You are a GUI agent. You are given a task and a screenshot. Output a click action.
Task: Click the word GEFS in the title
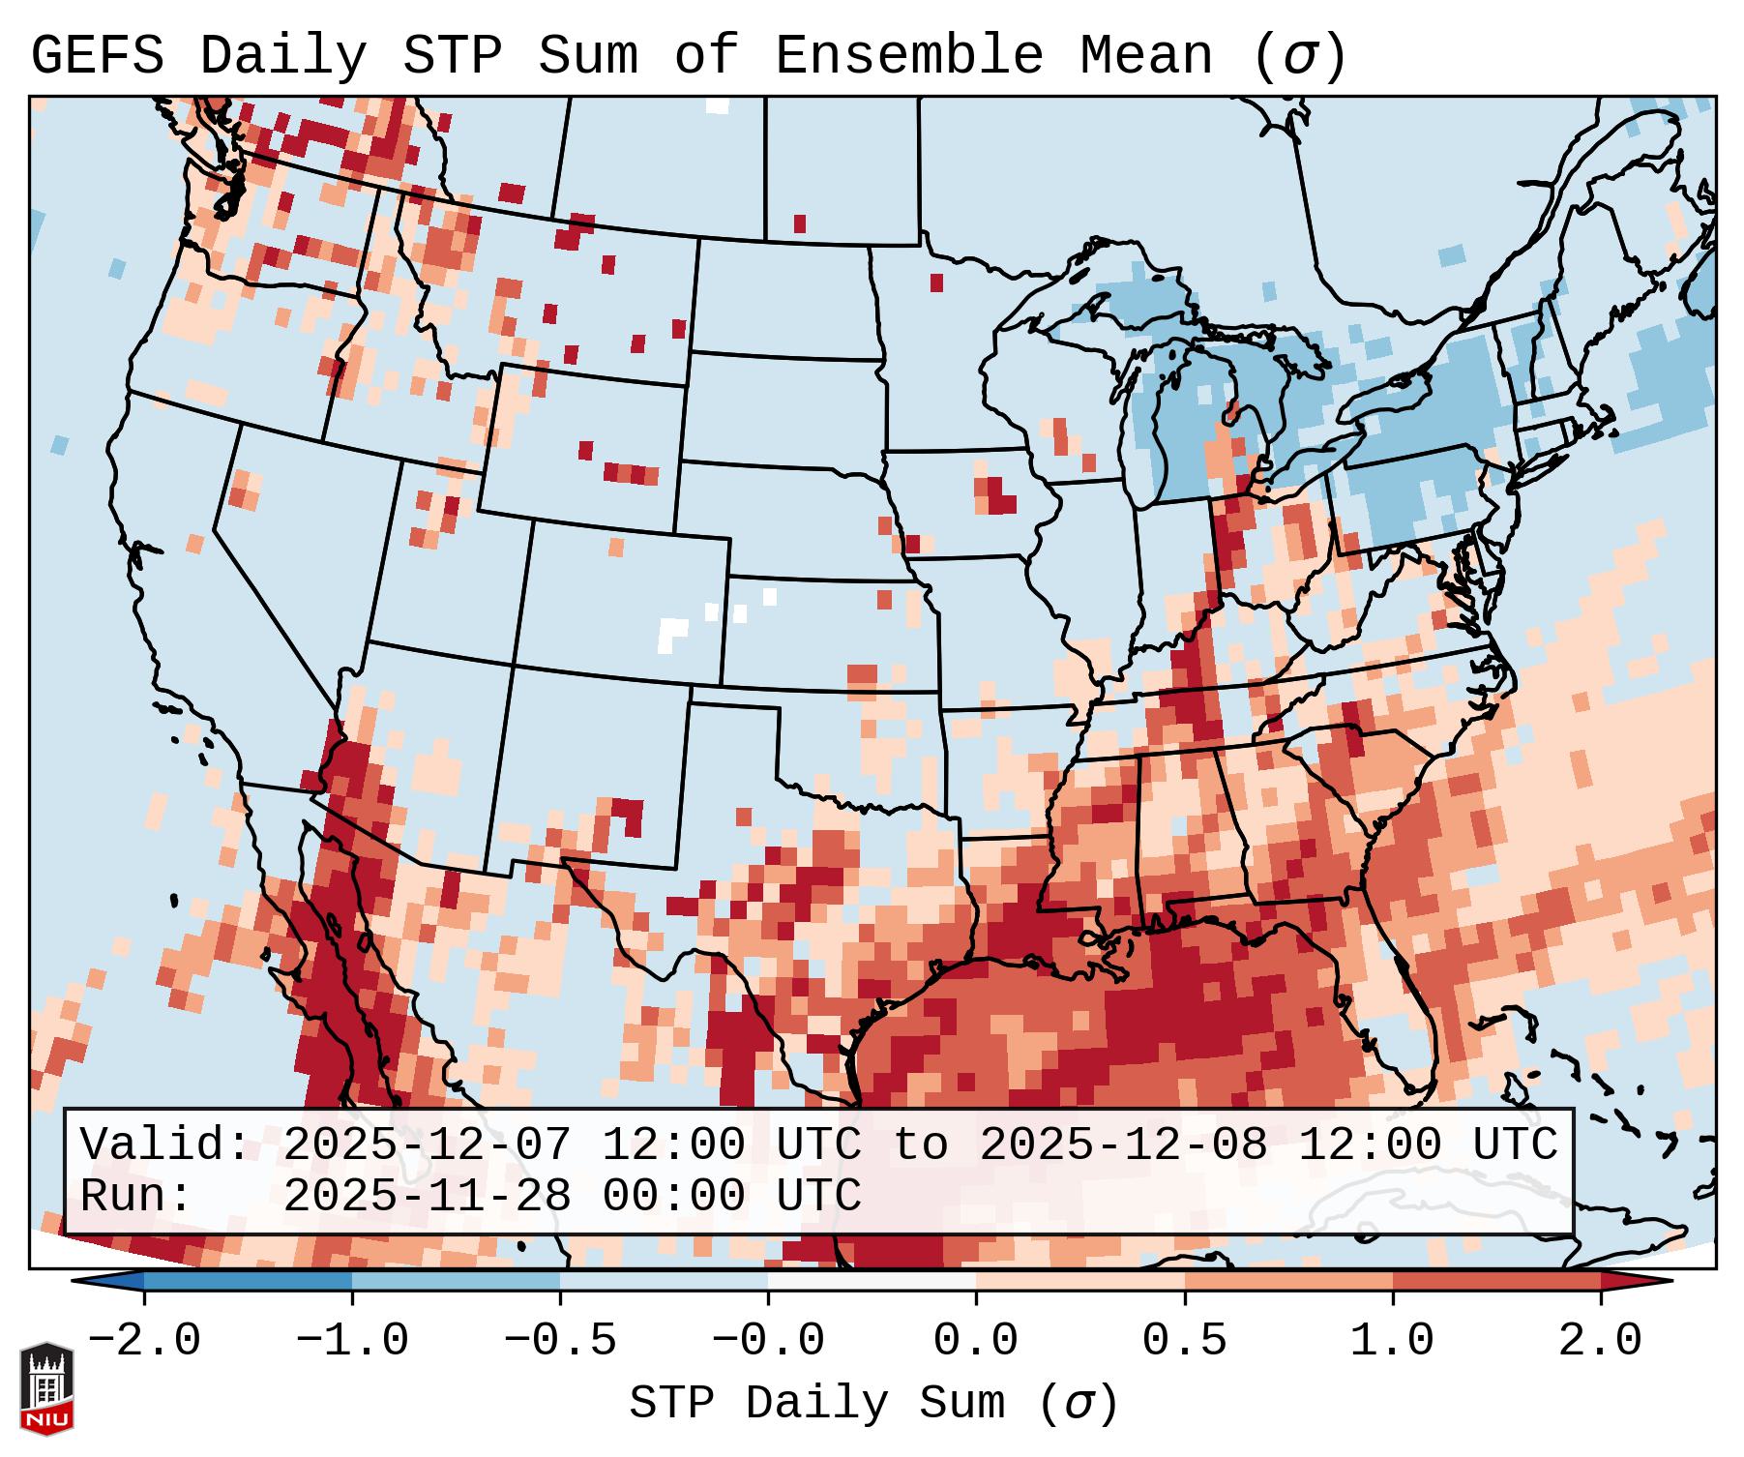point(97,56)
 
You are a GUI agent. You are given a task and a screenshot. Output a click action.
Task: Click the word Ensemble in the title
point(908,56)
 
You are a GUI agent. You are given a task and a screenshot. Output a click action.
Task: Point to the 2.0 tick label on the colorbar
point(1600,1341)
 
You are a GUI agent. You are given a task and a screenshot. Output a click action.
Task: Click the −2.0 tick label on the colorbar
point(144,1341)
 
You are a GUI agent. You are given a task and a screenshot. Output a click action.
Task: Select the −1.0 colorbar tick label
point(352,1341)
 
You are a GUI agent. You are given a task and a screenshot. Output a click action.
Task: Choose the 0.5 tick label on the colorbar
point(1184,1341)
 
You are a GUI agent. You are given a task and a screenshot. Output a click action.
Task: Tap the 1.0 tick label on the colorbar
point(1392,1341)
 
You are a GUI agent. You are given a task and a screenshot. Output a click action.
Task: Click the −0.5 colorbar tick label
point(560,1341)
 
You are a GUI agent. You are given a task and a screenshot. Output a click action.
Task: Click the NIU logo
point(46,1389)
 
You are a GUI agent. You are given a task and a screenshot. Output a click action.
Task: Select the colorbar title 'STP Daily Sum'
point(831,1404)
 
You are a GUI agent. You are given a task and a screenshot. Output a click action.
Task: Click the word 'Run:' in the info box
point(136,1196)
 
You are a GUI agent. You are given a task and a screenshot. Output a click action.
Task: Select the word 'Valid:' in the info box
point(165,1145)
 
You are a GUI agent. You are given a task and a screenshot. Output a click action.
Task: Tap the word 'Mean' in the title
point(1145,56)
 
